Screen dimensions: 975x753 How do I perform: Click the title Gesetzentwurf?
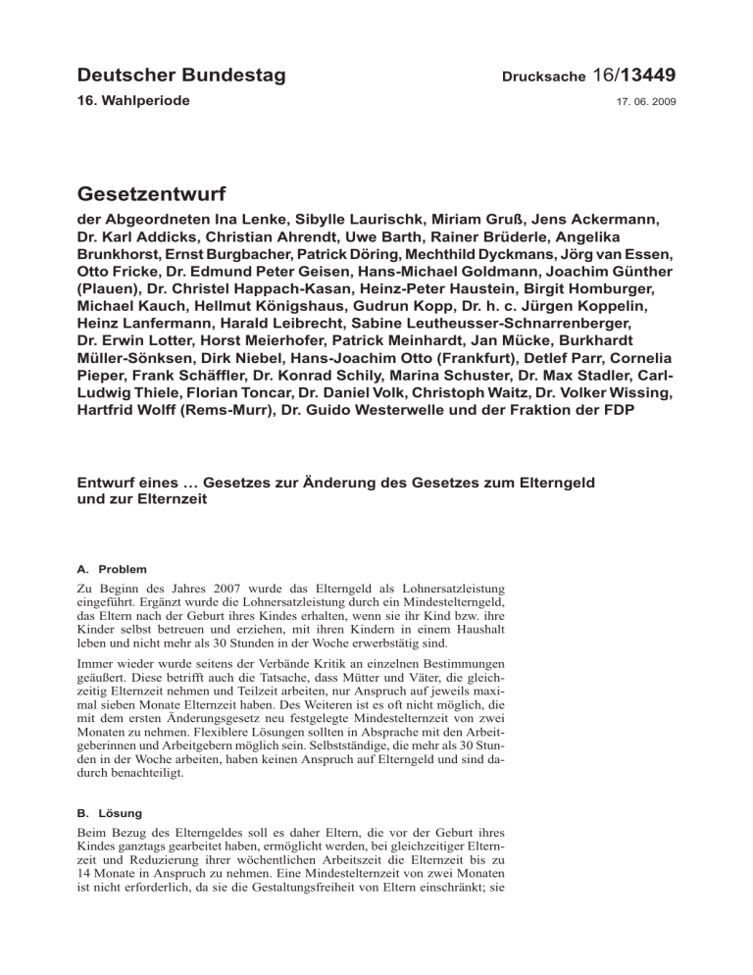[x=160, y=191]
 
